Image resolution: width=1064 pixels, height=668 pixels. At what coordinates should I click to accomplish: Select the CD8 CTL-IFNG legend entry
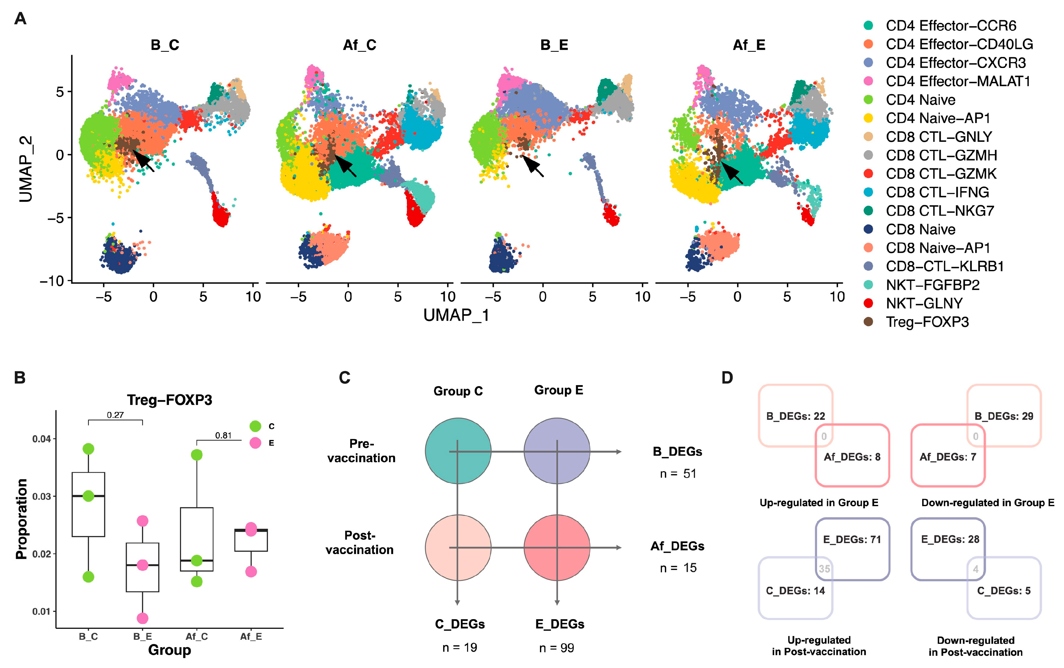pyautogui.click(x=937, y=192)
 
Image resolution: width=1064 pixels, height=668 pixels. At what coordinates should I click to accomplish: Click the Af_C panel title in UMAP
pyautogui.click(x=359, y=45)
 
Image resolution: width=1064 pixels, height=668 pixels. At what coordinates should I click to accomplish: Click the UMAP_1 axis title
pyautogui.click(x=456, y=315)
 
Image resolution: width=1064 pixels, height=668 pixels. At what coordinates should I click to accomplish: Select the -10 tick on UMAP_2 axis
pyautogui.click(x=52, y=281)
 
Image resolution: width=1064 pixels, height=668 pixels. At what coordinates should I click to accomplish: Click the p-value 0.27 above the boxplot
pyautogui.click(x=115, y=415)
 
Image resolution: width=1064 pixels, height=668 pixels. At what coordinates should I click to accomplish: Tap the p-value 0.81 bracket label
pyautogui.click(x=223, y=435)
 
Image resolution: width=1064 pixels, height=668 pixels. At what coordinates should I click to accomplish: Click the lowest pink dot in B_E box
pyautogui.click(x=142, y=618)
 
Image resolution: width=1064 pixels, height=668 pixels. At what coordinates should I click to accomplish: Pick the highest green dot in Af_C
pyautogui.click(x=196, y=455)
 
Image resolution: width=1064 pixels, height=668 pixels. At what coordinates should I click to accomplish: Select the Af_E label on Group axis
pyautogui.click(x=251, y=636)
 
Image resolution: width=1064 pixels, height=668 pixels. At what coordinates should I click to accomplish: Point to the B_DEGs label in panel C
pyautogui.click(x=678, y=451)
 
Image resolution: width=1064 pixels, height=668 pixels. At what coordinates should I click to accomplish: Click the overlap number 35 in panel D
pyautogui.click(x=824, y=569)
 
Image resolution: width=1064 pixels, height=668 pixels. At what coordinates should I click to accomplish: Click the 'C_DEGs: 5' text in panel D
pyautogui.click(x=1003, y=591)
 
